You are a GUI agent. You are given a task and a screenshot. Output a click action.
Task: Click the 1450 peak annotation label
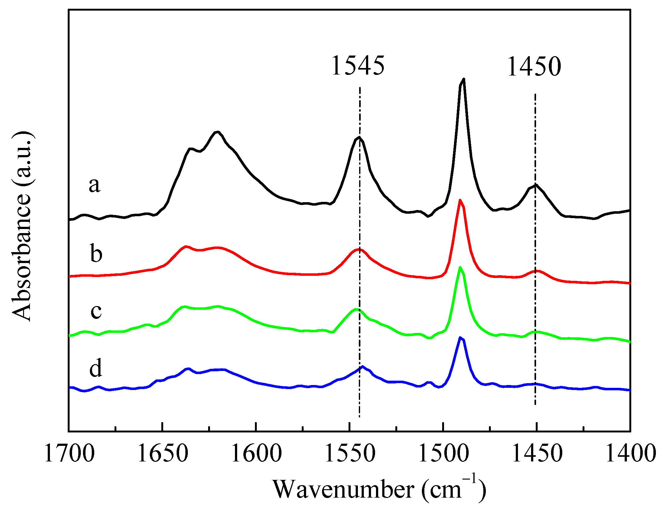pos(534,66)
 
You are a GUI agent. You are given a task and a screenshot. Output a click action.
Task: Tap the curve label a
pos(95,185)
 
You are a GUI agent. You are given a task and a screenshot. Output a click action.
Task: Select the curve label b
pos(96,253)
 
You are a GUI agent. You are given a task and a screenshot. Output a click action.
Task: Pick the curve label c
pos(96,311)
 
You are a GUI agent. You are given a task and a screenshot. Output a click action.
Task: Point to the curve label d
pos(95,368)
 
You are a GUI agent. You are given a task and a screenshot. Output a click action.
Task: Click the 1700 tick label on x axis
pos(69,453)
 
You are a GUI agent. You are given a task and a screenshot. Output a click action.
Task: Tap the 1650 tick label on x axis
pos(162,453)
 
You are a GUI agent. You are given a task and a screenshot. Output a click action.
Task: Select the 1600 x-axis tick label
pos(256,453)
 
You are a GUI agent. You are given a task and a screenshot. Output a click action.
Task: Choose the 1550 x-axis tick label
pos(349,453)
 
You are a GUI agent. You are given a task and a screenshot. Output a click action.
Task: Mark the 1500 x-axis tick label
pos(443,453)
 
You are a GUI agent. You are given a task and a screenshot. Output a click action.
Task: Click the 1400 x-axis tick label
pos(630,453)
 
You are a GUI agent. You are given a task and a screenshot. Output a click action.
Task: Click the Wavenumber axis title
pos(379,489)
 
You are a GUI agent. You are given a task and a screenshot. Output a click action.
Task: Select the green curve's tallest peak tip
pos(460,267)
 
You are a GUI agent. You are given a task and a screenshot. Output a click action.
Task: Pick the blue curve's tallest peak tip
pos(460,338)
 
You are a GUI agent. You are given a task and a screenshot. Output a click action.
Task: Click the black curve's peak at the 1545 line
pos(359,137)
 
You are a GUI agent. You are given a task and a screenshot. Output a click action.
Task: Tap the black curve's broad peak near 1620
pos(217,132)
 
